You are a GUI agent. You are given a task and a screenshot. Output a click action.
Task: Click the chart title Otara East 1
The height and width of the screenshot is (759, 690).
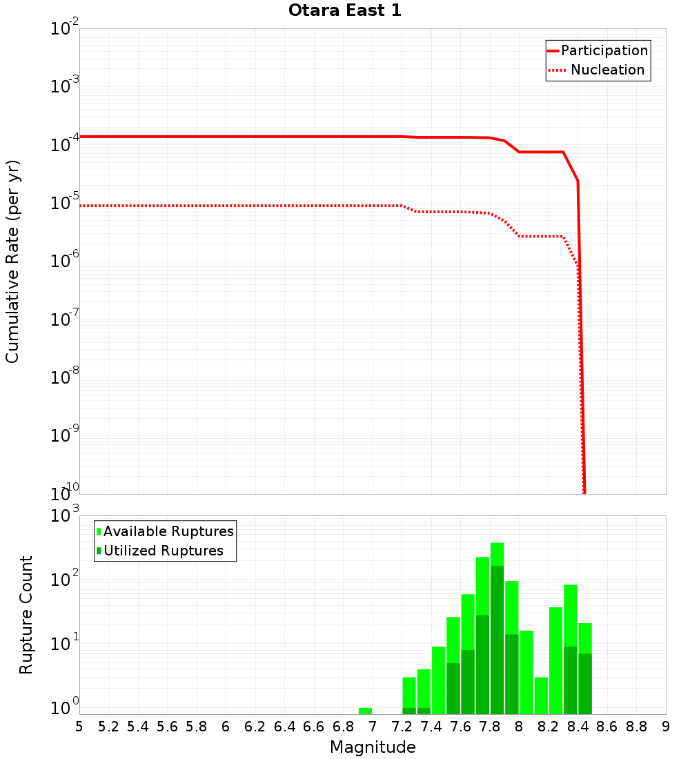[x=344, y=11]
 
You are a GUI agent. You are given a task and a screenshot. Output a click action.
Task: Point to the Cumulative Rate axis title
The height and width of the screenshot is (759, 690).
[x=12, y=261]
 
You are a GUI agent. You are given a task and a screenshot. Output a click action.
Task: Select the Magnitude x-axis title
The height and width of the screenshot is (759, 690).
[x=373, y=747]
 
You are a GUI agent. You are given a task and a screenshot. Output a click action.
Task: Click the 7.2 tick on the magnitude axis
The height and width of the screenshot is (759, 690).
[x=402, y=727]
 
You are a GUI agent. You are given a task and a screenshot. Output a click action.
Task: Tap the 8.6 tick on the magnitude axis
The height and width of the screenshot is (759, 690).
[x=607, y=727]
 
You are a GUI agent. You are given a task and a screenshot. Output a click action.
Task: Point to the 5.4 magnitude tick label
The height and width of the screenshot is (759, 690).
[x=138, y=727]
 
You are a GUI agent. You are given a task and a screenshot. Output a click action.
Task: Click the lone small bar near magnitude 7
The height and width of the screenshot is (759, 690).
[x=365, y=711]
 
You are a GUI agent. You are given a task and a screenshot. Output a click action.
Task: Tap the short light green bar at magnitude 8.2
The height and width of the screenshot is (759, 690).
[x=541, y=696]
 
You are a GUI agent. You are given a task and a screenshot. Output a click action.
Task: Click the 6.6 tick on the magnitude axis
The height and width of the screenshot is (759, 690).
[x=314, y=727]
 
